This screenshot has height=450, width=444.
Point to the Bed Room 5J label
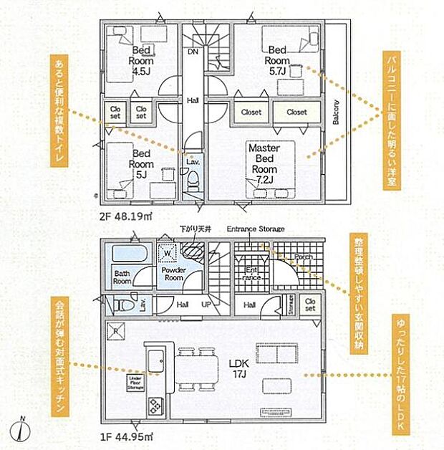pyautogui.click(x=140, y=163)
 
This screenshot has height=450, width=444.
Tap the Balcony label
pyautogui.click(x=335, y=112)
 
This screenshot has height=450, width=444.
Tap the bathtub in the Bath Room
pyautogui.click(x=128, y=254)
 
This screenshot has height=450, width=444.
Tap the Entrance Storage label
pyautogui.click(x=255, y=229)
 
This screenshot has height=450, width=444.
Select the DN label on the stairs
pyautogui.click(x=193, y=52)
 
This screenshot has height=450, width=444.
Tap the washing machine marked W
pyautogui.click(x=166, y=252)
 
